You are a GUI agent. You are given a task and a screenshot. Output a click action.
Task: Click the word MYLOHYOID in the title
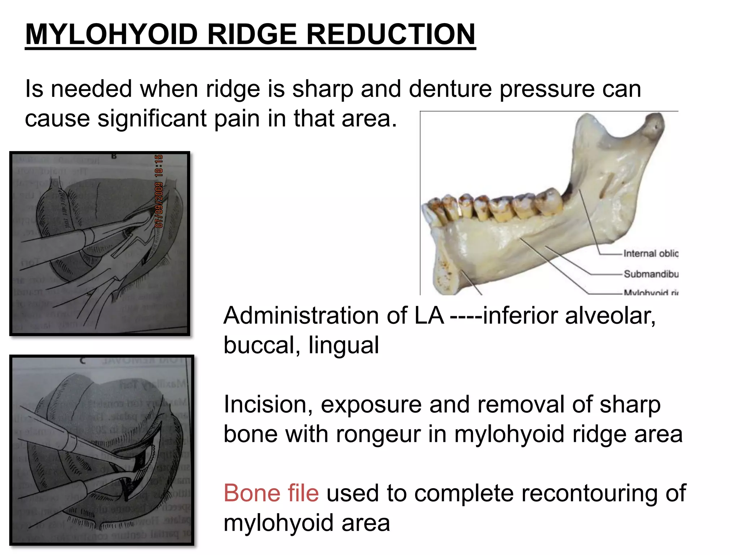coord(111,34)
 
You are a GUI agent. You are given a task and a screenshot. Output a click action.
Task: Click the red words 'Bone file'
coord(271,493)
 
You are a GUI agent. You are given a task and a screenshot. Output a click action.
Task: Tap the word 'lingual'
coord(344,345)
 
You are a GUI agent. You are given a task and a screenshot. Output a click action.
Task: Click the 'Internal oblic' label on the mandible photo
coord(651,254)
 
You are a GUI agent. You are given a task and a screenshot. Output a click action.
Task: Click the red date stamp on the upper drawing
coord(159,192)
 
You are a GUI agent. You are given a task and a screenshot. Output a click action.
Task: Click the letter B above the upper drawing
coord(114,156)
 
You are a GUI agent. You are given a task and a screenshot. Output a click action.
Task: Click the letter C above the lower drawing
coord(83,360)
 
